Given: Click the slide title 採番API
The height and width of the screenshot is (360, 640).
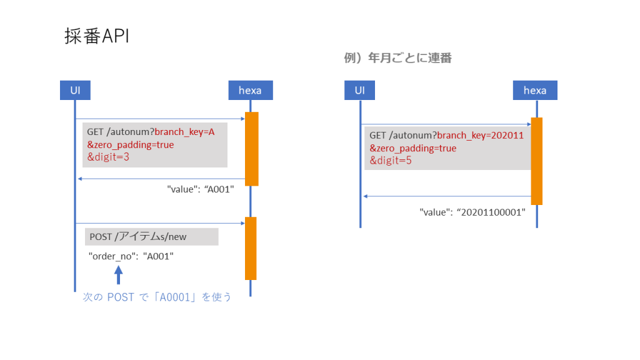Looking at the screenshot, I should tap(97, 36).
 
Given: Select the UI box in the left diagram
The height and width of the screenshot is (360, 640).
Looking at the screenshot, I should tap(75, 90).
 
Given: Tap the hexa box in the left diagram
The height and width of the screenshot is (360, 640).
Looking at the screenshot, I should tap(250, 90).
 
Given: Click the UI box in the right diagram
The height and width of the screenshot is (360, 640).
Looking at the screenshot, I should tap(359, 90).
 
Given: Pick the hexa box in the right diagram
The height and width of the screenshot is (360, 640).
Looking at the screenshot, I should tap(535, 90).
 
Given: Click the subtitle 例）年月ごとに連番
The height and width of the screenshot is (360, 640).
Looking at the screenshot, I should tap(397, 58).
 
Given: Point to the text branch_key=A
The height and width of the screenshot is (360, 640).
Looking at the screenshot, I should tap(184, 132).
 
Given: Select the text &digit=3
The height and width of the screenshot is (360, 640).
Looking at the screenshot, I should tap(107, 157).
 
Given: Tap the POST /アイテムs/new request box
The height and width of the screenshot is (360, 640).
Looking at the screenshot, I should tap(151, 237).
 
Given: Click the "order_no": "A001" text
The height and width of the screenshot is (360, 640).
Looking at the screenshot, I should tap(131, 256).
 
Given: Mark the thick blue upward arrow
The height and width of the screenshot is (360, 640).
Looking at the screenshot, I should tap(119, 274).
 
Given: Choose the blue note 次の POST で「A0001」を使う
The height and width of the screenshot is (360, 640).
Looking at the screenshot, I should tap(157, 297).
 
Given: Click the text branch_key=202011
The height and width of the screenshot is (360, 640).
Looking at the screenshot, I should tap(479, 135).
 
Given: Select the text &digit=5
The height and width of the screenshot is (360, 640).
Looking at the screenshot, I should tap(390, 161).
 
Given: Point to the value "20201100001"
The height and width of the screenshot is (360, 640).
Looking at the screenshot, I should tap(472, 212).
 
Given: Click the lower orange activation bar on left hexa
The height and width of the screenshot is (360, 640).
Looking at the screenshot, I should tap(251, 248).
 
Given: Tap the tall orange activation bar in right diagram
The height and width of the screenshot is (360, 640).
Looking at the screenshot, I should tap(536, 161).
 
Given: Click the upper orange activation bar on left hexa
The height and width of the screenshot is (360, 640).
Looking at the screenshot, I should tap(251, 149).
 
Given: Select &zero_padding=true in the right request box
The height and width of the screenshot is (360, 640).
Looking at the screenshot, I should tap(412, 148).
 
